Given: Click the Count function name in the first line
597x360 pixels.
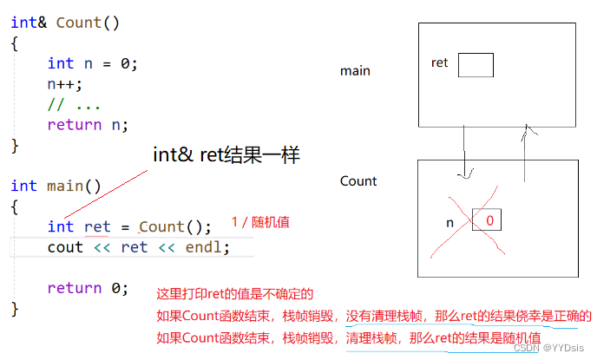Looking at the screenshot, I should pyautogui.click(x=79, y=22).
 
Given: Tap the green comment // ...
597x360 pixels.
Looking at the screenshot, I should pyautogui.click(x=55, y=104).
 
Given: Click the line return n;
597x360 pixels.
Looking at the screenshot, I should pyautogui.click(x=88, y=124).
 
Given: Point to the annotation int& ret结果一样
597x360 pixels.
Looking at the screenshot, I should pyautogui.click(x=226, y=156).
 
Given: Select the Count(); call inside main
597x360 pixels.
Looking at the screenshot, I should pyautogui.click(x=174, y=226).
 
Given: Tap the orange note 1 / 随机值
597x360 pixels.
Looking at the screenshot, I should pyautogui.click(x=260, y=222).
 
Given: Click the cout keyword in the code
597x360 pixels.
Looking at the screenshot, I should pyautogui.click(x=65, y=247).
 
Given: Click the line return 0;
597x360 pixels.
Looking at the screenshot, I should pyautogui.click(x=88, y=288).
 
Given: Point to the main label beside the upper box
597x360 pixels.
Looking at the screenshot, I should pyautogui.click(x=356, y=70).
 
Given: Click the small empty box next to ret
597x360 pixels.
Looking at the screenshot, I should pyautogui.click(x=476, y=65).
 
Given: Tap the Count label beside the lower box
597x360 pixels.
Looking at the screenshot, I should pyautogui.click(x=358, y=181).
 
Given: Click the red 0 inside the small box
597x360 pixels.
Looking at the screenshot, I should pyautogui.click(x=489, y=220).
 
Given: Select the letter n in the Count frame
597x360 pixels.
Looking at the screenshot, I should pyautogui.click(x=449, y=222).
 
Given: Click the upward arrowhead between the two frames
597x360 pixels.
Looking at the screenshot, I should pyautogui.click(x=527, y=129).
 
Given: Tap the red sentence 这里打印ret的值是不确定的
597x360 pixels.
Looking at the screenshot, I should pyautogui.click(x=234, y=295).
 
